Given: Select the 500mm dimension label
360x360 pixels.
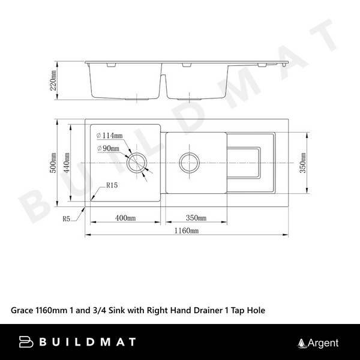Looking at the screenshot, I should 53,161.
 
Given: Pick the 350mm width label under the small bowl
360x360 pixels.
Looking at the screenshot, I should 196,218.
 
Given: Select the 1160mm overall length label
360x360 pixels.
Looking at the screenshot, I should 187,230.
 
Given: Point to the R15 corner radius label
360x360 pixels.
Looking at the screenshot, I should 111,186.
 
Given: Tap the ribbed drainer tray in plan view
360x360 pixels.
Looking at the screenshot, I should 246,162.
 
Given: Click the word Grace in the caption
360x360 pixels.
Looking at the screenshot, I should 24,311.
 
